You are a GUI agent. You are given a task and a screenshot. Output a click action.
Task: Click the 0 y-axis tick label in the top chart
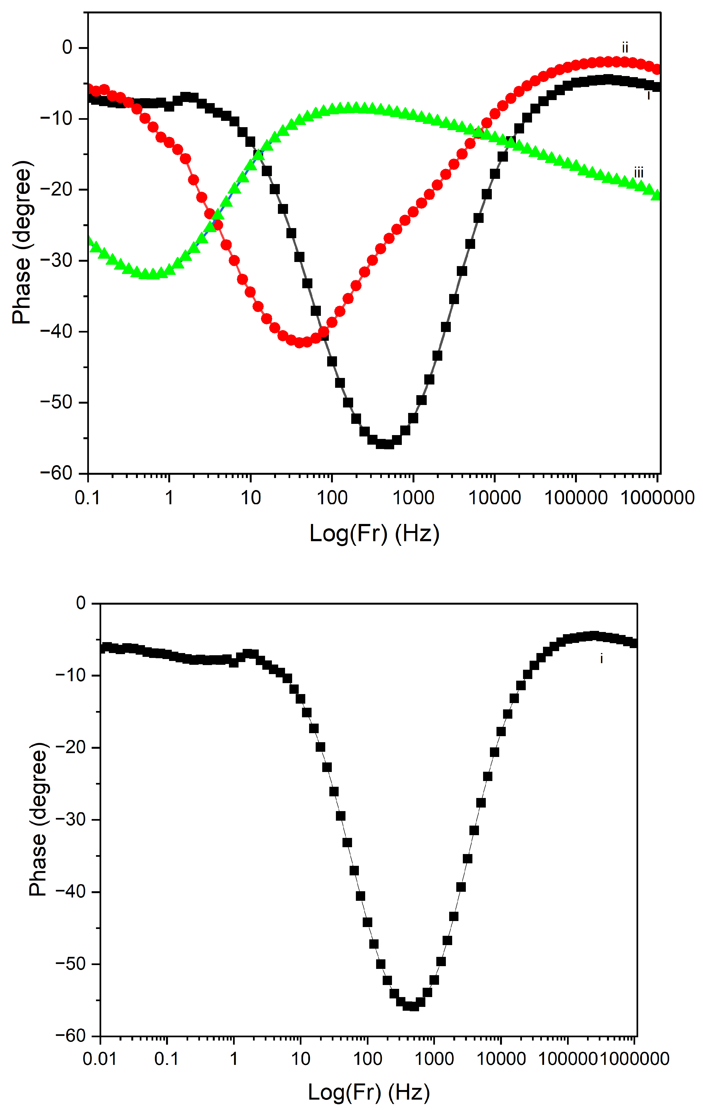pyautogui.click(x=67, y=48)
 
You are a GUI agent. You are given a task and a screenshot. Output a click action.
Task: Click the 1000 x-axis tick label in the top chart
pyautogui.click(x=413, y=498)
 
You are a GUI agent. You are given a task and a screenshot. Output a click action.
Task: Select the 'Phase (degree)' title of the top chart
pyautogui.click(x=21, y=243)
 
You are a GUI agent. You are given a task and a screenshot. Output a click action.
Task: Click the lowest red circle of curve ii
pyautogui.click(x=300, y=342)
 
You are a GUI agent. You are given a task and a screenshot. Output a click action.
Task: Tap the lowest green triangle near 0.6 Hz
pyautogui.click(x=152, y=274)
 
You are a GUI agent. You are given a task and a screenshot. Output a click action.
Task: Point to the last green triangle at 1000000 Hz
pyautogui.click(x=656, y=194)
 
